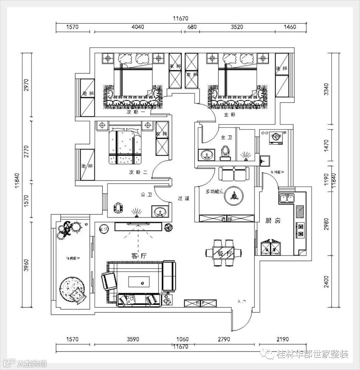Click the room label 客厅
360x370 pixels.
(x=139, y=256)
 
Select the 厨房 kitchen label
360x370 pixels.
(x=273, y=221)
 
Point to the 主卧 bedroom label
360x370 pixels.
(x=230, y=115)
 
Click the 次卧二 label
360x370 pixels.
(x=138, y=172)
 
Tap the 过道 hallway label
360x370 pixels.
(x=183, y=198)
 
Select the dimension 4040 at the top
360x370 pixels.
(x=137, y=27)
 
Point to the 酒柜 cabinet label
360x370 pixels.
(x=227, y=219)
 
